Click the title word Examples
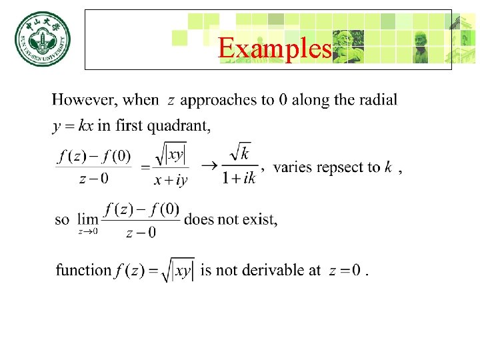275,48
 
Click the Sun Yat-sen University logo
42,41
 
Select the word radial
378,100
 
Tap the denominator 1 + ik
239,178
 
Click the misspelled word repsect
341,167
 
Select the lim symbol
87,219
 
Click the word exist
260,219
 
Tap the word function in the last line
83,270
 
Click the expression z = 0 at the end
345,271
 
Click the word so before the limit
62,219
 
